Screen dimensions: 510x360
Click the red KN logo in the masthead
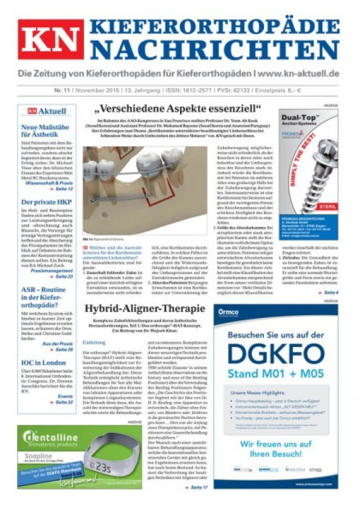coord(51,39)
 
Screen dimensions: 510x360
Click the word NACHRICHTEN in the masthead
coord(215,49)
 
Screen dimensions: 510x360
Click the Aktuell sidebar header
coord(47,111)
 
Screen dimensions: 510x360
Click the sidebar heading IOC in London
coord(42,363)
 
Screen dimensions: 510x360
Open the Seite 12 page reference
coord(63,188)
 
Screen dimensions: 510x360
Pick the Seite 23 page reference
coord(63,276)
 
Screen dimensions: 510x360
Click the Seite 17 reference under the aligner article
coord(198,487)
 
